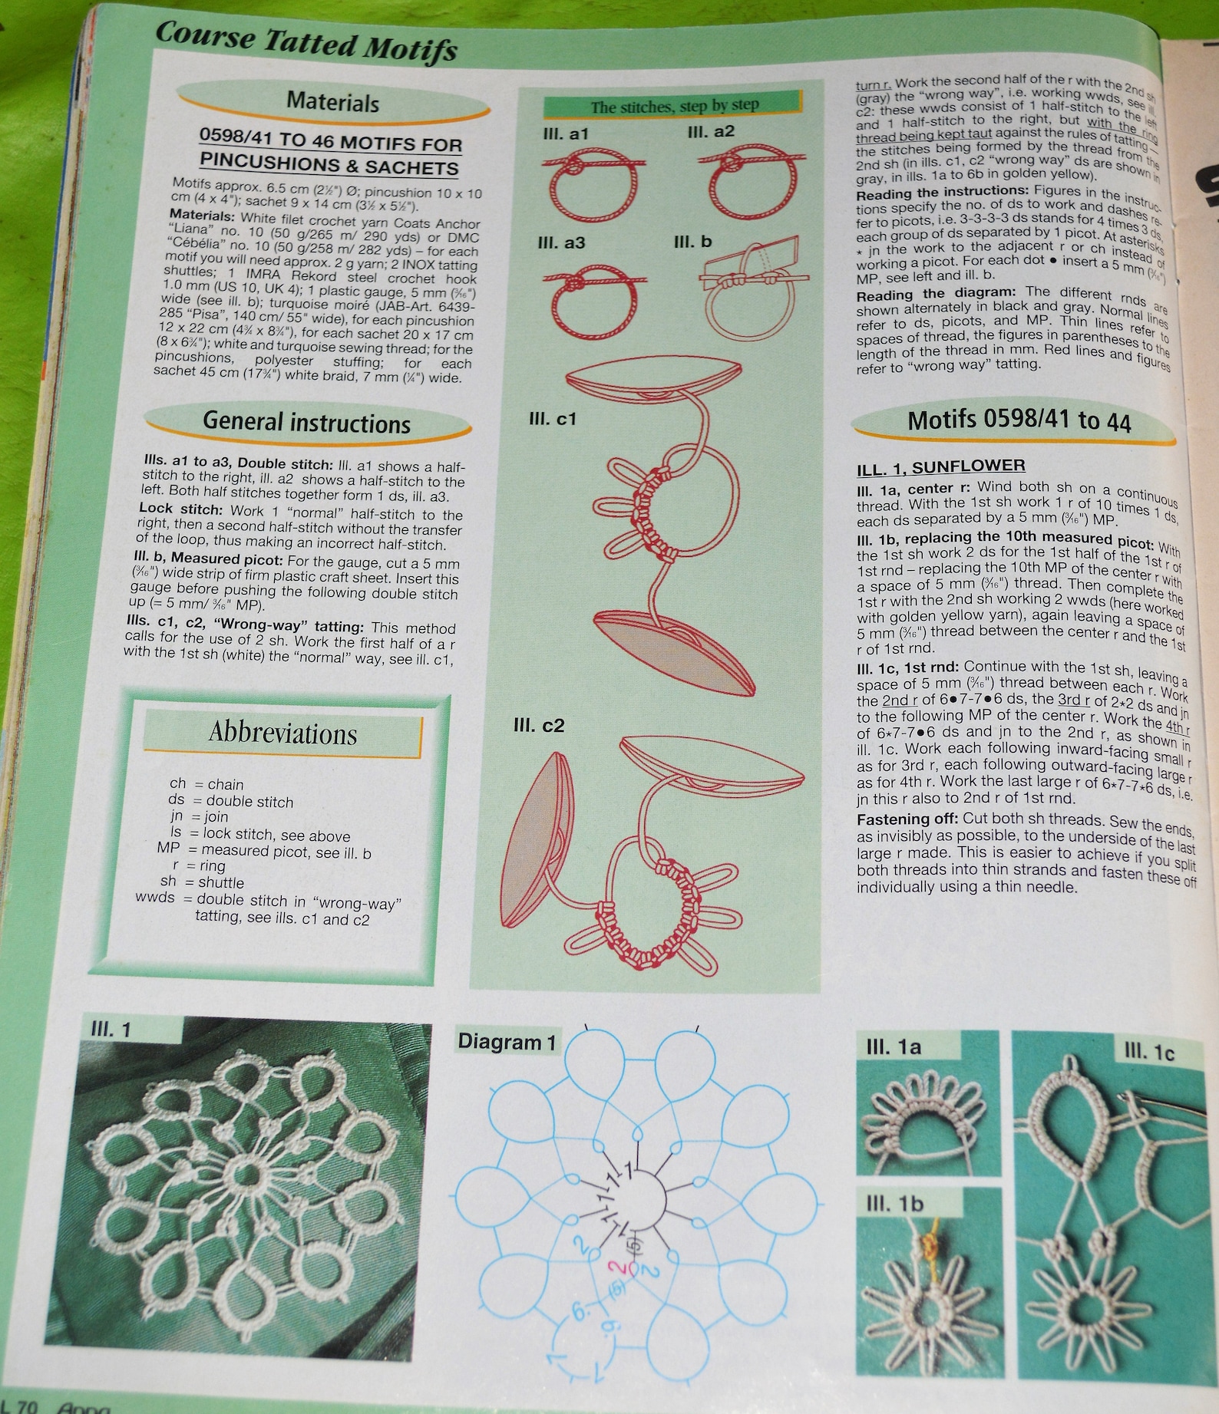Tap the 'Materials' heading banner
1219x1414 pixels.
click(x=332, y=102)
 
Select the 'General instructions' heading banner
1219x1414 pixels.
click(x=306, y=423)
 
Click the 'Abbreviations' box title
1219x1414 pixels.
click(x=282, y=733)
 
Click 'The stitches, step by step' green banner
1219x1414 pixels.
click(x=674, y=106)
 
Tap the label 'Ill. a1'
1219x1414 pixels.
click(x=565, y=133)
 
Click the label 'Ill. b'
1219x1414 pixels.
click(x=692, y=242)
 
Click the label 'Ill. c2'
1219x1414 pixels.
click(x=538, y=726)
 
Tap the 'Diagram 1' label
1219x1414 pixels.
click(x=506, y=1042)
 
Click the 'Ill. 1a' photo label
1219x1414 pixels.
click(x=894, y=1047)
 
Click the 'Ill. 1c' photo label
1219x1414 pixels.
click(x=1148, y=1053)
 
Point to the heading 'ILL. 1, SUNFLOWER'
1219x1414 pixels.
click(x=940, y=466)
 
